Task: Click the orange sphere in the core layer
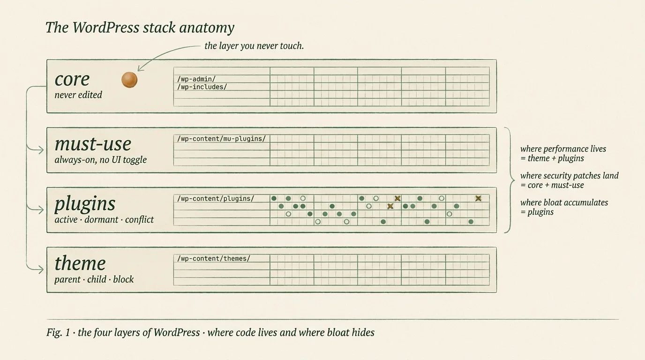pos(129,80)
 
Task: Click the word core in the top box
pos(72,79)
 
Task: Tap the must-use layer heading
pos(93,144)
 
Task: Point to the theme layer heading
pos(80,263)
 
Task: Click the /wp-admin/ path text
pos(196,79)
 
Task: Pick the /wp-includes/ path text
pos(202,87)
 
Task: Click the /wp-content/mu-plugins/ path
pos(221,139)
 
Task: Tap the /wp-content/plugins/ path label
pos(215,198)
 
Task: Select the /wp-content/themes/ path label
pos(213,258)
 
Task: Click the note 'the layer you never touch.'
pos(254,46)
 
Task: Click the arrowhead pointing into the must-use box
pos(41,150)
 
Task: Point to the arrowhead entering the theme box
pos(41,270)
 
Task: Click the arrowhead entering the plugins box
pos(41,210)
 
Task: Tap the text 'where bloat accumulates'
pos(564,202)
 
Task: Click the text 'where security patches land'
pos(569,176)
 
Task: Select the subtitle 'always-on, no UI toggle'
pos(100,159)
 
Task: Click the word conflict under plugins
pos(139,219)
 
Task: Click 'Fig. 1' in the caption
pos(58,332)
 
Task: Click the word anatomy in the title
pos(206,28)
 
